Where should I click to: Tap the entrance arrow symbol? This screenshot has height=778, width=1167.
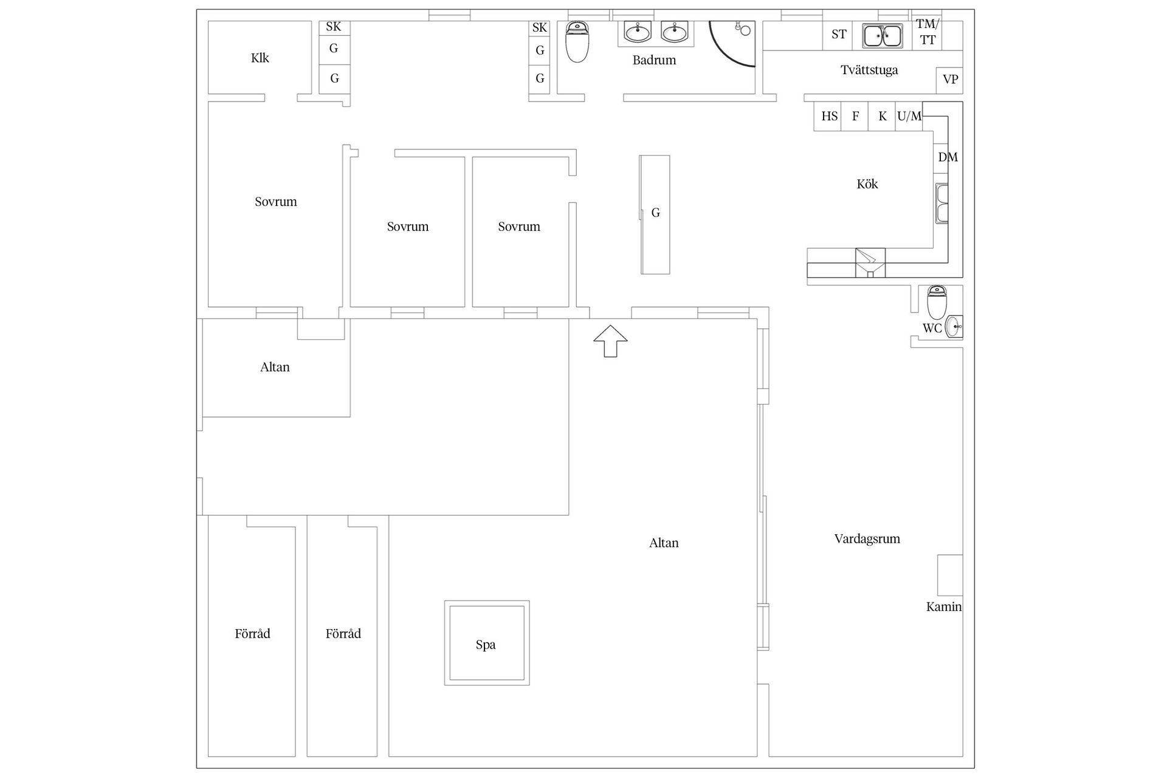610,341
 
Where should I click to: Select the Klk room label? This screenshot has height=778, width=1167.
260,58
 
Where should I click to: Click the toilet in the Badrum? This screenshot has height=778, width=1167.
577,42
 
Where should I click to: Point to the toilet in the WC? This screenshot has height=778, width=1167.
937,302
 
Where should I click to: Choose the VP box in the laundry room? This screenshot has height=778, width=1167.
950,80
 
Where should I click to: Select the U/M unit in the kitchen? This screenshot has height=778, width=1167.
909,116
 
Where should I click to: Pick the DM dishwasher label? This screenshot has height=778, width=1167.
948,157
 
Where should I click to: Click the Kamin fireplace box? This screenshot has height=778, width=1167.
950,575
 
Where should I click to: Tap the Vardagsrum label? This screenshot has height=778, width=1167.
867,539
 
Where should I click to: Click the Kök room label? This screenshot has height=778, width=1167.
867,184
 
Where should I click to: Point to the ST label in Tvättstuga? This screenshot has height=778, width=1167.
839,35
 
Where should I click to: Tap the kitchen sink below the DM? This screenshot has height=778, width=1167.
942,204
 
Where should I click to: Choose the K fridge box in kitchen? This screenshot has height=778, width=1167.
882,116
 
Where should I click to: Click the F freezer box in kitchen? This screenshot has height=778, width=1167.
855,116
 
